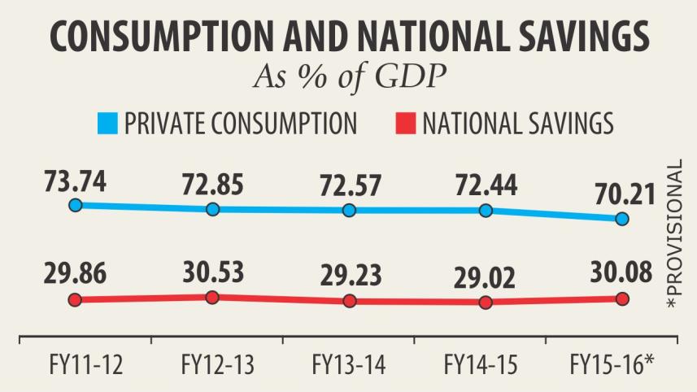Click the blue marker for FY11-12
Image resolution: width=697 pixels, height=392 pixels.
click(x=75, y=205)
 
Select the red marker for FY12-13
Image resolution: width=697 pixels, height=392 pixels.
click(x=212, y=297)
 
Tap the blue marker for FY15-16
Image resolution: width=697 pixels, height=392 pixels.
click(x=622, y=219)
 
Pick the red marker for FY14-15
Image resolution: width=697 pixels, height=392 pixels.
click(x=486, y=303)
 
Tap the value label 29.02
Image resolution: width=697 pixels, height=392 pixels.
click(x=485, y=276)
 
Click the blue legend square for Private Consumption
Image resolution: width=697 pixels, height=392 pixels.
click(x=107, y=124)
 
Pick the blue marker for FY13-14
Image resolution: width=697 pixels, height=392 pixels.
click(x=349, y=210)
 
